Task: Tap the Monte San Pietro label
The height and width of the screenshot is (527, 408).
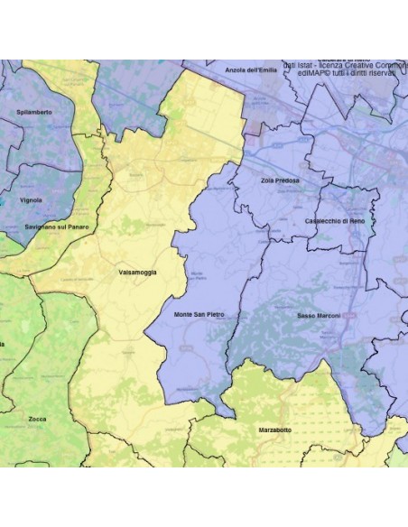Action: tap(198, 314)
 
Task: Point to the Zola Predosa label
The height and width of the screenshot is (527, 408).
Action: tap(280, 180)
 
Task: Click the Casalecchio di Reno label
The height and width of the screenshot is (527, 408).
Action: tap(335, 220)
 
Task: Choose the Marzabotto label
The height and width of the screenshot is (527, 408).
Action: tap(274, 430)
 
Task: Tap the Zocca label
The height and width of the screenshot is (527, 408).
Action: tap(37, 419)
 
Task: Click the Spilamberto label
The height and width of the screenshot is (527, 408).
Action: tap(34, 111)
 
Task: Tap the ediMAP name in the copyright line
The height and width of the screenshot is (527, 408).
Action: tap(299, 73)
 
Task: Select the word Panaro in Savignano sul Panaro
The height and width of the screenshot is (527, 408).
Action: tap(78, 227)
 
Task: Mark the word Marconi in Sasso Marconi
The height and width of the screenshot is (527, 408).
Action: tap(330, 316)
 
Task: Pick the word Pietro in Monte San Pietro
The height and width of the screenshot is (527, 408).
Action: tap(214, 314)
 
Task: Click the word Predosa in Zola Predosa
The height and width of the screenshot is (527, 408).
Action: tap(288, 180)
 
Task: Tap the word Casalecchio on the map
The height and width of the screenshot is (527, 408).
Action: tap(321, 220)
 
